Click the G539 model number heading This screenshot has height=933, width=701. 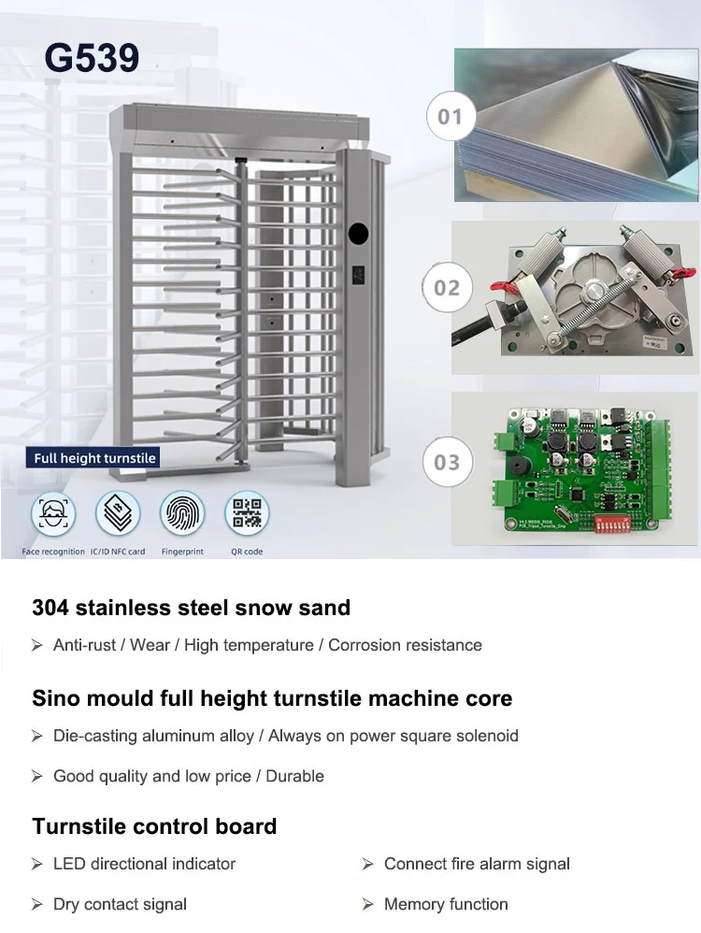point(92,58)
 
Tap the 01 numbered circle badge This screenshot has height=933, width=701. point(450,117)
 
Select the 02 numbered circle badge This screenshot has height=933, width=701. point(448,287)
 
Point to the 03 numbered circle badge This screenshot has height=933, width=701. point(447,462)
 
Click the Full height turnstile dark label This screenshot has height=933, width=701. point(94,458)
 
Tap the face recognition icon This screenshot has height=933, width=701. point(53,513)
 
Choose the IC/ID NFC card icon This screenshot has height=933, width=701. point(118,513)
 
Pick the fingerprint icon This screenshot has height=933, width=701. point(182,513)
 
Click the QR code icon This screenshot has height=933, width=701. point(247,513)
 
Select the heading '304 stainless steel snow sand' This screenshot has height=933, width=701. point(191,608)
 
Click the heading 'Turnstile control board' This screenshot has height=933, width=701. point(154,826)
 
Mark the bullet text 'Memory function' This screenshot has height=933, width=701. point(446,904)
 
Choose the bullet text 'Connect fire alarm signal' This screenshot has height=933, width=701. point(477,864)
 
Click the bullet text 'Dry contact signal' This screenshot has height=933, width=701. point(120,904)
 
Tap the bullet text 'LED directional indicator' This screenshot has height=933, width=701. point(144,864)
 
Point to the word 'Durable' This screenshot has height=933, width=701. point(294,776)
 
